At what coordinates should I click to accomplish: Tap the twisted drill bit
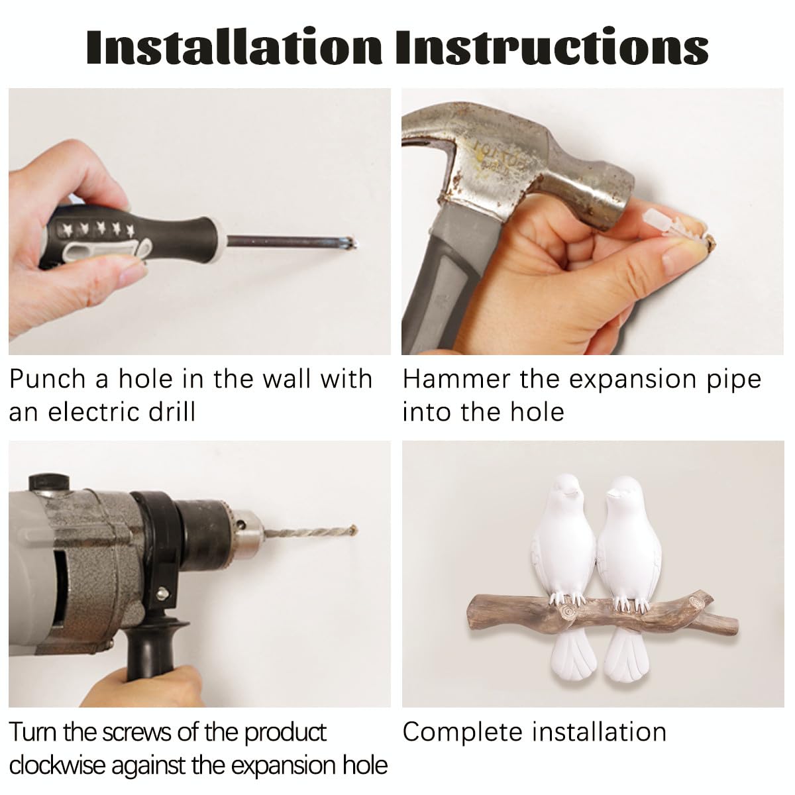tap(309, 532)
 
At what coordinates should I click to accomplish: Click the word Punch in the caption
tap(47, 379)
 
